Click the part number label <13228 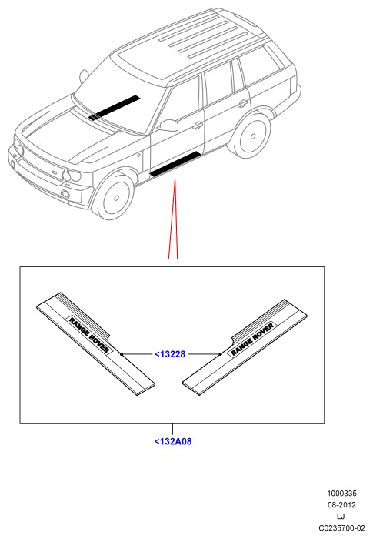170,353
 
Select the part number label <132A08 173,441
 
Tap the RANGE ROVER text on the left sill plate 89,335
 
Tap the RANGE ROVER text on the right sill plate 253,339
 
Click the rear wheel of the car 251,136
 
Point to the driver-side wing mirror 168,126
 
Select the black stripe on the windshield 115,108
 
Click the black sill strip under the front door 175,164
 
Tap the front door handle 197,126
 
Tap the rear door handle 242,103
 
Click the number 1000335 341,494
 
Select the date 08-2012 341,504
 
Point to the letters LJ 341,516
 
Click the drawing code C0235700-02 341,527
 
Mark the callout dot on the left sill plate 122,353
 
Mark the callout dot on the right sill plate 220,353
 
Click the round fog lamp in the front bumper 65,194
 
